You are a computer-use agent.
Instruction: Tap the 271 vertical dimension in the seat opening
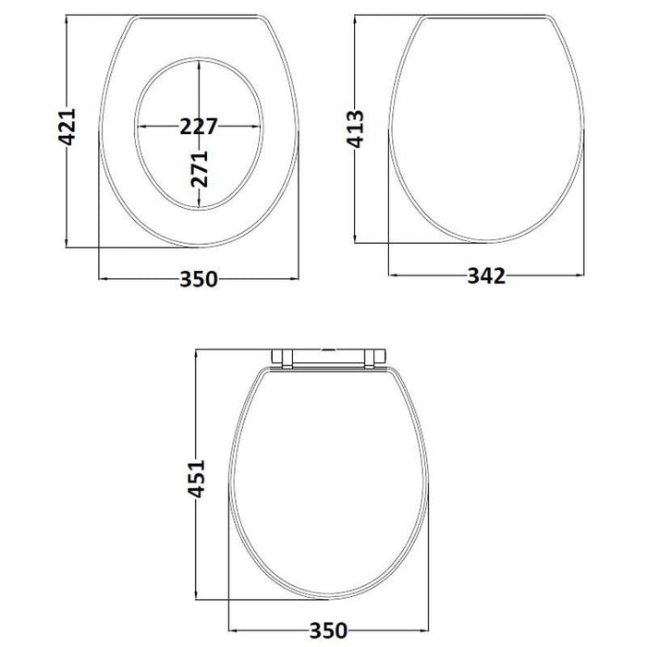tap(201, 167)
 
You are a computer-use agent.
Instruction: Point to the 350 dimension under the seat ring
tap(198, 279)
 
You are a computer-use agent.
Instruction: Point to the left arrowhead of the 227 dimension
tap(140, 127)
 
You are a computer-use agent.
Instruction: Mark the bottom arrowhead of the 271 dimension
tap(200, 205)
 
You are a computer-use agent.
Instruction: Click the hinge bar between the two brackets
tap(330, 353)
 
